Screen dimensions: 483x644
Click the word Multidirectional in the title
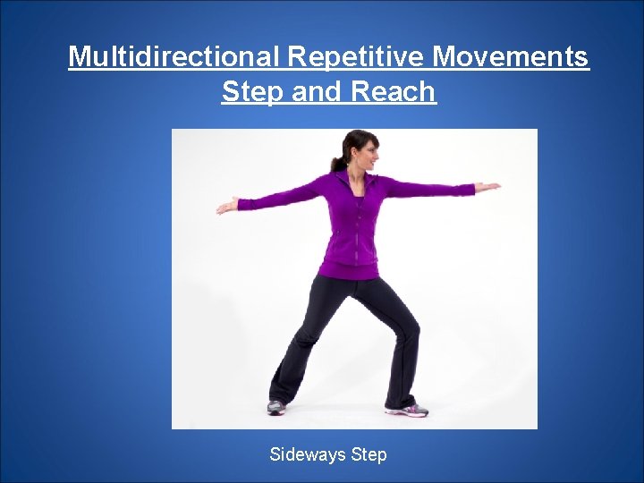click(174, 57)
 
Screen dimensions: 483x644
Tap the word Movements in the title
click(511, 57)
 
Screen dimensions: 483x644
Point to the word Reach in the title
click(394, 91)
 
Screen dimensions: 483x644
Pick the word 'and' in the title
click(318, 91)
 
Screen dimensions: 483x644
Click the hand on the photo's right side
click(487, 187)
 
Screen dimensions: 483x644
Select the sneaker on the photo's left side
click(276, 407)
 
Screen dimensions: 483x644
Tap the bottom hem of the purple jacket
click(349, 275)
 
